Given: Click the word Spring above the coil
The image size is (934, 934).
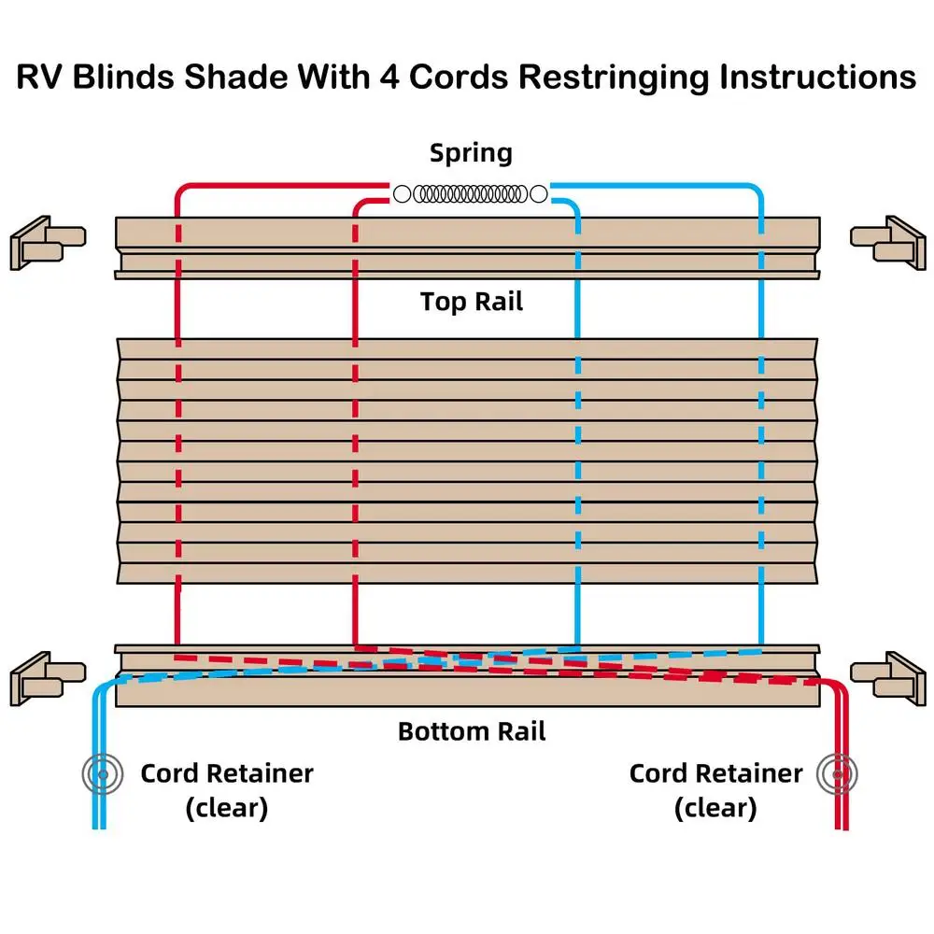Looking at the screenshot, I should (x=471, y=153).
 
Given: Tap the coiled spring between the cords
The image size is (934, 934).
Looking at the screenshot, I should (x=470, y=194).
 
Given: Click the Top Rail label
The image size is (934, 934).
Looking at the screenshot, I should (x=471, y=302).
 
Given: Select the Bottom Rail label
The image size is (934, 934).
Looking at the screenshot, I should (x=472, y=730).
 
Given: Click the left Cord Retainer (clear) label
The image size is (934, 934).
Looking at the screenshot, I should (x=227, y=790).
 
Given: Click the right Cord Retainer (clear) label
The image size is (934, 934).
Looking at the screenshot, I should (x=715, y=790).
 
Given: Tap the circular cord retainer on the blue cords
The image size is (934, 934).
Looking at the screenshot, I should (x=100, y=773).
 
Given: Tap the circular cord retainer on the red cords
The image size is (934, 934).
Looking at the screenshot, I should (x=838, y=773).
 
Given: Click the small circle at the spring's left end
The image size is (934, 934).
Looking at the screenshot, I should (x=402, y=194).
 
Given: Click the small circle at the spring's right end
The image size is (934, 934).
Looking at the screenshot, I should (x=539, y=194).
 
